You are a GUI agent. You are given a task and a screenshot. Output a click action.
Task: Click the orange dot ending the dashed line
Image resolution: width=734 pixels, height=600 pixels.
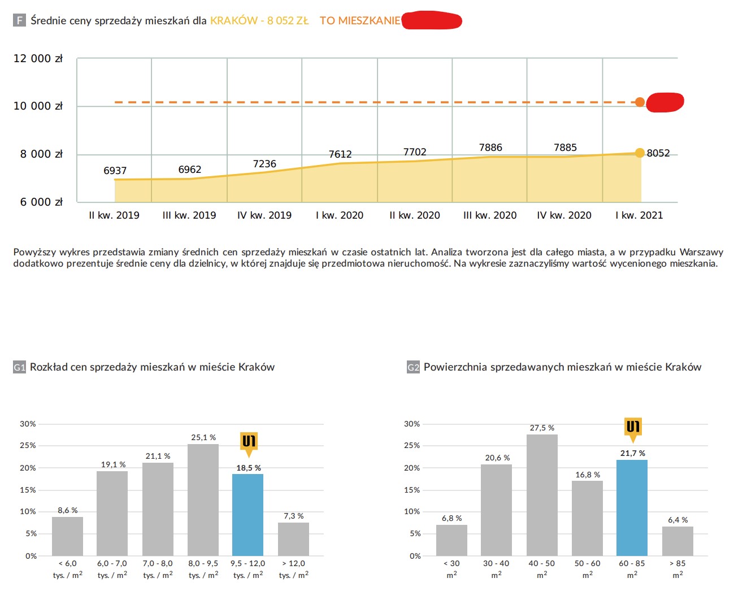coord(640,102)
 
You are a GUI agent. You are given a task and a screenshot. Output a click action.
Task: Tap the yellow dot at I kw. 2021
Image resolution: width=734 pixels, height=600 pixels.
coord(640,153)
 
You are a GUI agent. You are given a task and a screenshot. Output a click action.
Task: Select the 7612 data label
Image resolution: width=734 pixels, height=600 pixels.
coord(340,154)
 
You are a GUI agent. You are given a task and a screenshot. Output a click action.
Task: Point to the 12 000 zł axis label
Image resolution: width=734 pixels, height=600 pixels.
coord(38,59)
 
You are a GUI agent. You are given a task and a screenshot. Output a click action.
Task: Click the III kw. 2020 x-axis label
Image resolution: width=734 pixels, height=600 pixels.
coord(490,215)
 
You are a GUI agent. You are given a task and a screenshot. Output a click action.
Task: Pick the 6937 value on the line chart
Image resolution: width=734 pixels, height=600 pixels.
coord(115,171)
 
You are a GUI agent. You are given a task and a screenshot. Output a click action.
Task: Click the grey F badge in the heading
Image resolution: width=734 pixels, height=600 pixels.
coord(19,21)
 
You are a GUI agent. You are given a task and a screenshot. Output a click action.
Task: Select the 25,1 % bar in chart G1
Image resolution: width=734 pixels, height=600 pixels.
coord(203,499)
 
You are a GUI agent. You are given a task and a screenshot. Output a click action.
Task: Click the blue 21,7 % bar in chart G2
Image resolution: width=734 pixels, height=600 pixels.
coord(632,507)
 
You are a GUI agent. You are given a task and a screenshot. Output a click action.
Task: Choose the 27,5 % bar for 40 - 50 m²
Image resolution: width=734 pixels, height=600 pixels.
coord(542,494)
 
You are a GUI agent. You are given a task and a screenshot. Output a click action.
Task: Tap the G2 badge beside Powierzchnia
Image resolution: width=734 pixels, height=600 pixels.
coord(413,367)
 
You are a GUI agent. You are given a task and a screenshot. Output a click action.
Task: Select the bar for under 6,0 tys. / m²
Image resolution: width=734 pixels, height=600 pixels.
coord(67,536)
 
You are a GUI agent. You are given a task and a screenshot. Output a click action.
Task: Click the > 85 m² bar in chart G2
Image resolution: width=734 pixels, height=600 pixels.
coord(677,541)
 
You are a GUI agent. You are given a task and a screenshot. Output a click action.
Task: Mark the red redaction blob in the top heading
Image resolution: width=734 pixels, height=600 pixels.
coord(432,21)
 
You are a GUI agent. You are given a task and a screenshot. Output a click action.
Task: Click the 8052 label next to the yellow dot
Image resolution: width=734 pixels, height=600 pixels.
coord(658,153)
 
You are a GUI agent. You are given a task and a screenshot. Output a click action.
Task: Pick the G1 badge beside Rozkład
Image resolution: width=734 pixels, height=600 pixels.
coord(19,367)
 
